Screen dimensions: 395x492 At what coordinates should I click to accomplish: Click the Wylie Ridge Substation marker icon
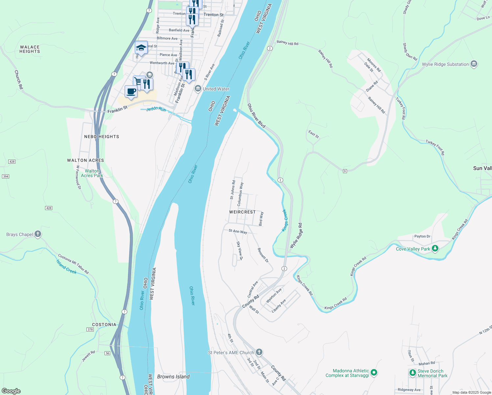(x=474, y=64)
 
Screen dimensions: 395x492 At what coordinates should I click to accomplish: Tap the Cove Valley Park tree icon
(x=435, y=249)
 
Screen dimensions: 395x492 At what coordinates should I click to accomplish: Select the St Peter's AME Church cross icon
(x=259, y=353)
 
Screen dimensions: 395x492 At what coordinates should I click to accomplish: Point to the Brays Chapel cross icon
(x=38, y=234)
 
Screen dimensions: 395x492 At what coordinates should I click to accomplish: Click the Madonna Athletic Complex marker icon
(x=374, y=373)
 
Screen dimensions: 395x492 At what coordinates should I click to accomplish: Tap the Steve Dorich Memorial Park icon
(x=413, y=373)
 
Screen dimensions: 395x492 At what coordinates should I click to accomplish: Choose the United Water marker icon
(x=198, y=89)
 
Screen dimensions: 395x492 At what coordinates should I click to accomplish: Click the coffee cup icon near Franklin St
(x=131, y=92)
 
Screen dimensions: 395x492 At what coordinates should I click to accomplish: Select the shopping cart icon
(x=137, y=81)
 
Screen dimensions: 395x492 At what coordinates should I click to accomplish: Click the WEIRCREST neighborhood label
(x=242, y=212)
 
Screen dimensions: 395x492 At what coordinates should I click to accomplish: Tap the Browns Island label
(x=173, y=377)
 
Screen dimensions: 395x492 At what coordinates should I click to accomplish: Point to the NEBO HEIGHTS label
(x=102, y=137)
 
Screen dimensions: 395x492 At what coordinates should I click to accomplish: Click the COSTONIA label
(x=104, y=325)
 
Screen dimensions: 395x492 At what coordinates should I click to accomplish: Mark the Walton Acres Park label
(x=92, y=173)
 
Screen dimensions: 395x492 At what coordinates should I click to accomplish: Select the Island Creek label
(x=66, y=267)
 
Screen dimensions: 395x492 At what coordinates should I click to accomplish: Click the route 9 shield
(x=345, y=171)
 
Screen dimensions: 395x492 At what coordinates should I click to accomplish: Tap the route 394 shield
(x=6, y=176)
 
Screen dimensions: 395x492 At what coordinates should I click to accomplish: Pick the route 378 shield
(x=90, y=329)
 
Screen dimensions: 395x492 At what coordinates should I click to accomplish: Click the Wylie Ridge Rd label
(x=296, y=236)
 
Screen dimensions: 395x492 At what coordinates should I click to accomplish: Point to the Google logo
(x=11, y=391)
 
